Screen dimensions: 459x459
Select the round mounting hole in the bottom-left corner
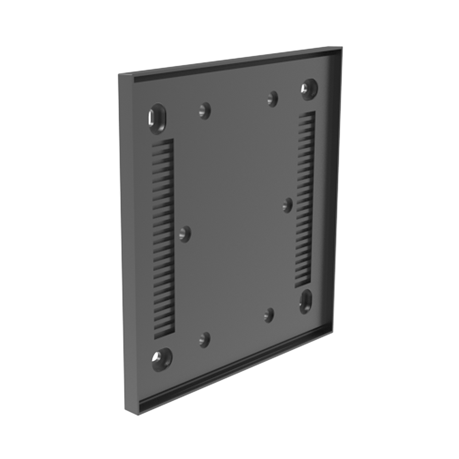point(162,358)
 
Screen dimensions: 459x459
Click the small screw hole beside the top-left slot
point(205,110)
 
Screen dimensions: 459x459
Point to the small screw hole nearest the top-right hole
point(273,98)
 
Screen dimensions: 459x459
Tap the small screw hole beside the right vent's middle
point(288,205)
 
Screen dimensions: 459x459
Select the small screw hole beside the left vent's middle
point(185,234)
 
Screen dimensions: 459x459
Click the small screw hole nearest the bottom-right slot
point(269,315)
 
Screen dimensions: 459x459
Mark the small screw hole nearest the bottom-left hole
point(205,340)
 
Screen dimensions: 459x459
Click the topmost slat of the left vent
point(163,143)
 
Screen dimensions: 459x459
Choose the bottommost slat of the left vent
point(164,333)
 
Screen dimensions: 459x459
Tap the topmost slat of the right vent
point(307,116)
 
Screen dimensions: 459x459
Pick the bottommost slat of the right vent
point(303,283)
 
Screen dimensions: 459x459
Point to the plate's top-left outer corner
point(119,75)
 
